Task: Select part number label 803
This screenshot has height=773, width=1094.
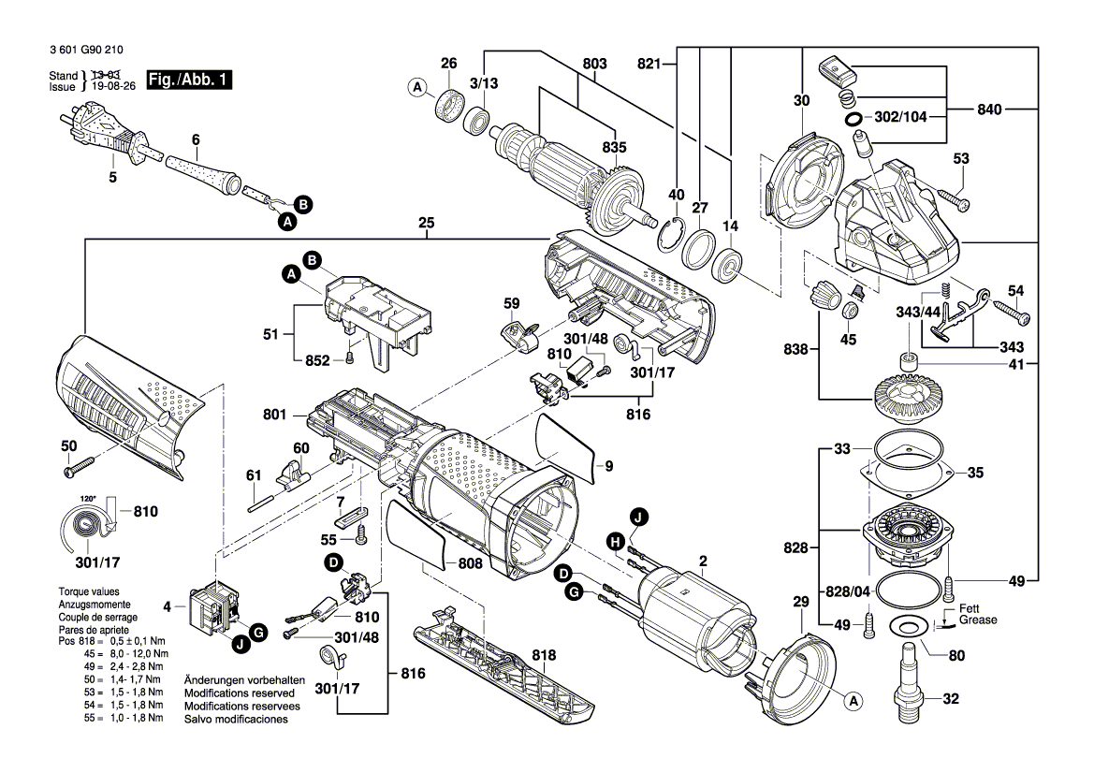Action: click(594, 64)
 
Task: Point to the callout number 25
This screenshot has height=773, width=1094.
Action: click(427, 225)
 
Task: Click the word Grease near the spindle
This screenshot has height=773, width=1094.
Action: click(978, 620)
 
